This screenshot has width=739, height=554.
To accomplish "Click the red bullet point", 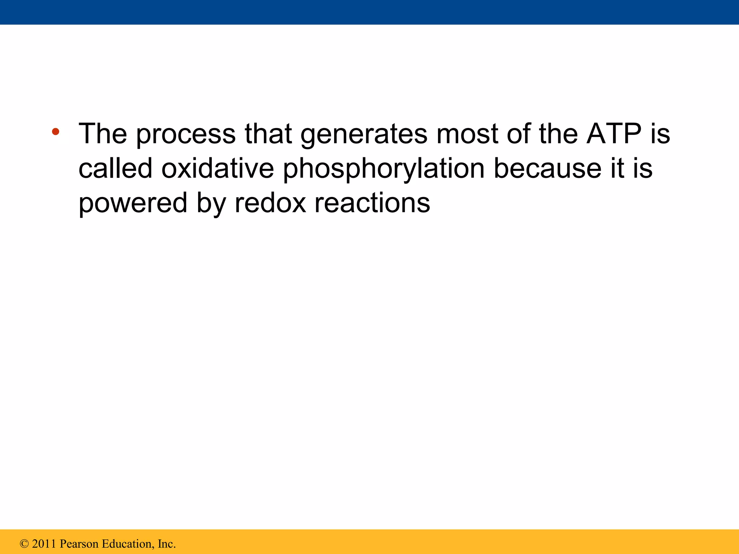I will tap(55, 132).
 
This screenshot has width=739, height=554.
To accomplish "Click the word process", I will tap(186, 134).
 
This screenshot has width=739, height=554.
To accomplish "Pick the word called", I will tap(115, 168).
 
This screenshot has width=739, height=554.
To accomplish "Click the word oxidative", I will tap(217, 168).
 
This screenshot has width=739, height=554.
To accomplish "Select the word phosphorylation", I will tap(384, 168).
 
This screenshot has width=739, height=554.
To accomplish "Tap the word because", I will tap(547, 168).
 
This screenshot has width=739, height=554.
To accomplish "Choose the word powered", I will tap(133, 203).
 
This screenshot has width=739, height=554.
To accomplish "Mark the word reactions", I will tap(372, 203).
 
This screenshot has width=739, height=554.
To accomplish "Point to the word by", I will tap(211, 203).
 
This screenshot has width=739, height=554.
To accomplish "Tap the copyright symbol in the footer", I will tap(24, 544).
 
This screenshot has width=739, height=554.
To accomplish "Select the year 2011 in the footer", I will tap(44, 544).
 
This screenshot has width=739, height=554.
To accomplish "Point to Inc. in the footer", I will tap(167, 544).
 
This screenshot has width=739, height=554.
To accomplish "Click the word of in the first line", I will tap(518, 134).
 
